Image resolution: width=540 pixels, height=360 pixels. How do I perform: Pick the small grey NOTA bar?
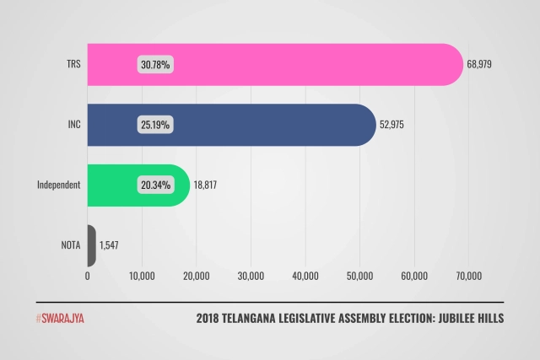click(91, 245)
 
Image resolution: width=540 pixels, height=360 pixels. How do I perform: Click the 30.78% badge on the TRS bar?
click(155, 64)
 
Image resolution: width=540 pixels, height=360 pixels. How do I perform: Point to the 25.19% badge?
click(155, 125)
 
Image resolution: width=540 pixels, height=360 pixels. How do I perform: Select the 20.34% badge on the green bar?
click(155, 185)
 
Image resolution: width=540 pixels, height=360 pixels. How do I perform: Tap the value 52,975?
click(399, 125)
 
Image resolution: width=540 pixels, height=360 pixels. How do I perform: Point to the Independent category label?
click(58, 185)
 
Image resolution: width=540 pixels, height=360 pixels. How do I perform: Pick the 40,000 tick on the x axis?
click(305, 276)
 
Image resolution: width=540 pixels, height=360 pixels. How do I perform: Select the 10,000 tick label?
click(142, 276)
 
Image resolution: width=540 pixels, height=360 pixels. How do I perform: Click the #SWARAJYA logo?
click(60, 319)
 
